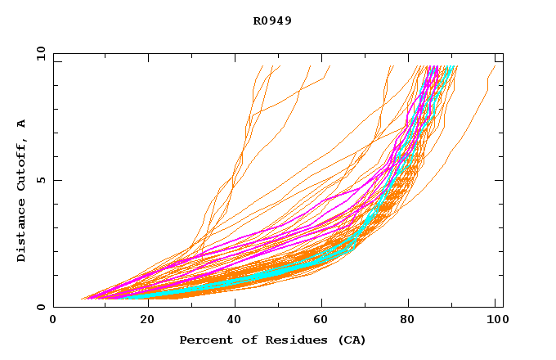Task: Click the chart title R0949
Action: pos(272,20)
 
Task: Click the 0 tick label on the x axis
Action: pos(54,321)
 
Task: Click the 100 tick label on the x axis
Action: pos(496,321)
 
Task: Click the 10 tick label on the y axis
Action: pos(39,53)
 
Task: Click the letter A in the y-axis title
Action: pos(22,124)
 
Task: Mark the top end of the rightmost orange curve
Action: pos(495,66)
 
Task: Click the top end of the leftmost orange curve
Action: pos(262,66)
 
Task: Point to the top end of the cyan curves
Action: pos(449,67)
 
